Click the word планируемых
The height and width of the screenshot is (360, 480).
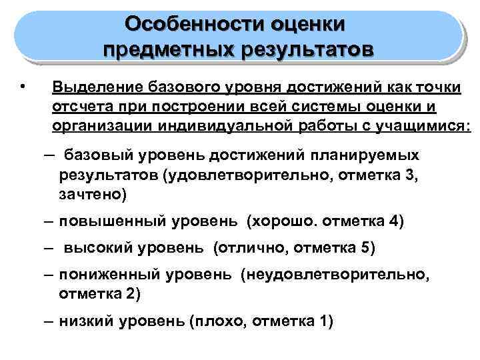(364, 155)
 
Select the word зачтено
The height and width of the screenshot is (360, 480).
(91, 195)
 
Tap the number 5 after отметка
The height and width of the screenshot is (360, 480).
(364, 249)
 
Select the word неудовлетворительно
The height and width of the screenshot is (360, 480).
(342, 275)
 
